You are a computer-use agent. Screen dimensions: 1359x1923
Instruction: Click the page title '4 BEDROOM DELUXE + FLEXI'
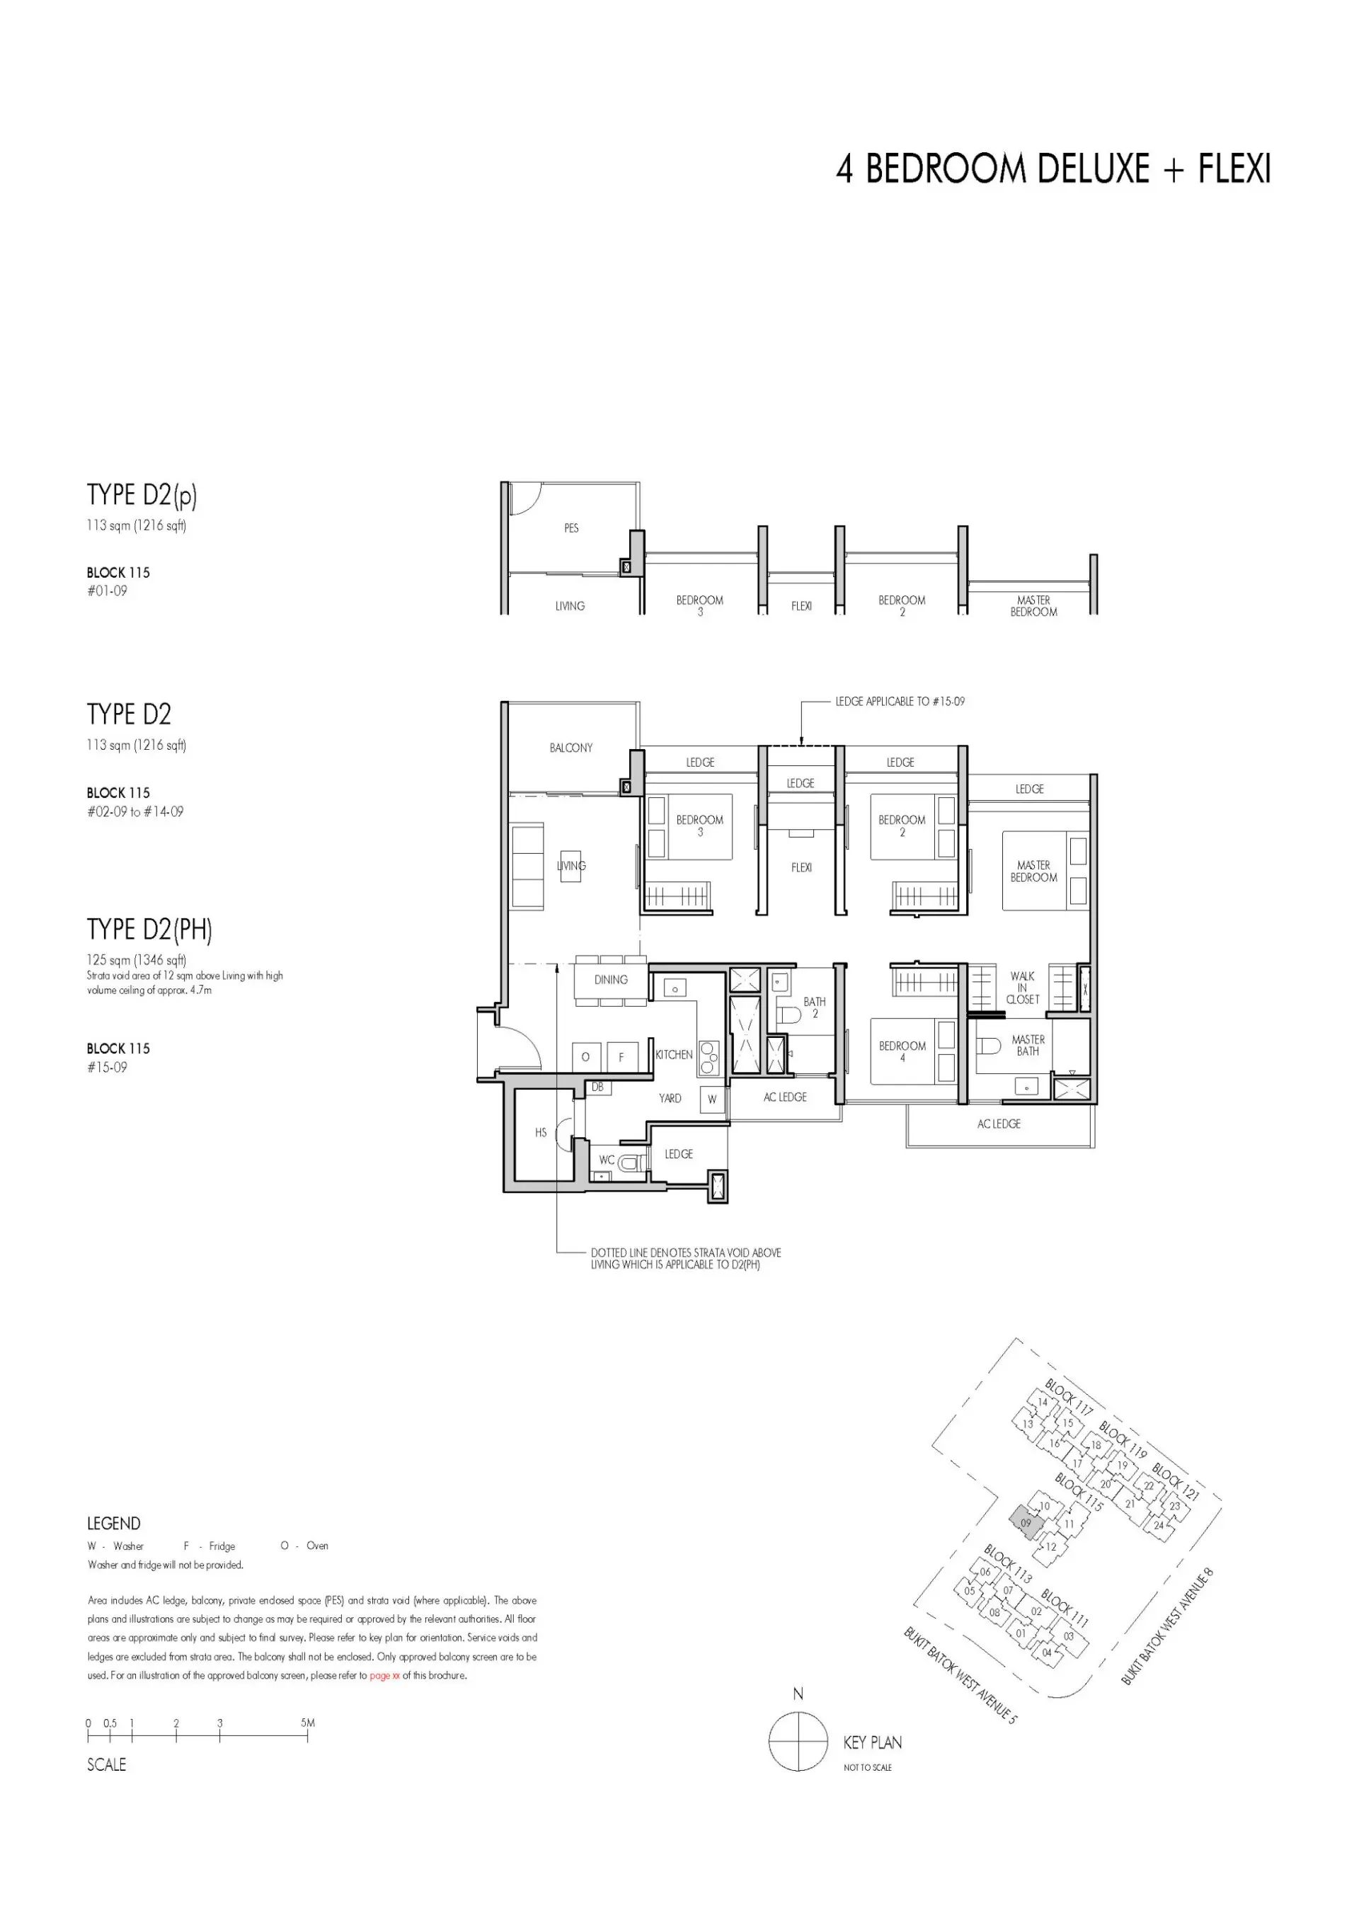coord(1053,169)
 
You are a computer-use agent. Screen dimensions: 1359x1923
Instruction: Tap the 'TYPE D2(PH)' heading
coord(150,930)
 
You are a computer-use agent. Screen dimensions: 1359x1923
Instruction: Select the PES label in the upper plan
coord(571,527)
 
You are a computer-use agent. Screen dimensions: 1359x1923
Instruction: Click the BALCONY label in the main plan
coord(571,747)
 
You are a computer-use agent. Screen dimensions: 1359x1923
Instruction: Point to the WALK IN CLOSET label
coord(1022,988)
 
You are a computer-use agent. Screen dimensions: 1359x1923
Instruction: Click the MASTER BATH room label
coord(1028,1045)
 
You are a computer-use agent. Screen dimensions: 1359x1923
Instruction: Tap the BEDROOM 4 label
coord(902,1051)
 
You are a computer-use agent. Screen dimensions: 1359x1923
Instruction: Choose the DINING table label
coord(612,979)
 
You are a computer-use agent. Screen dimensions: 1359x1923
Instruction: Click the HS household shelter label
coord(541,1132)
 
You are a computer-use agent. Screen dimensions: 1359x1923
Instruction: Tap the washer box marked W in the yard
coord(713,1099)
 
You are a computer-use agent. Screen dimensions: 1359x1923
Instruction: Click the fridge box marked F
coord(621,1057)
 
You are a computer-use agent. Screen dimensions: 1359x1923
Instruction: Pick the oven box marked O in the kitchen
coord(585,1057)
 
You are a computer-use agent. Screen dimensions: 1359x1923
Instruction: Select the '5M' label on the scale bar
coord(308,1723)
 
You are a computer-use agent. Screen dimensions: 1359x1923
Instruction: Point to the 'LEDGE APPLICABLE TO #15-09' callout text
coord(900,701)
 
